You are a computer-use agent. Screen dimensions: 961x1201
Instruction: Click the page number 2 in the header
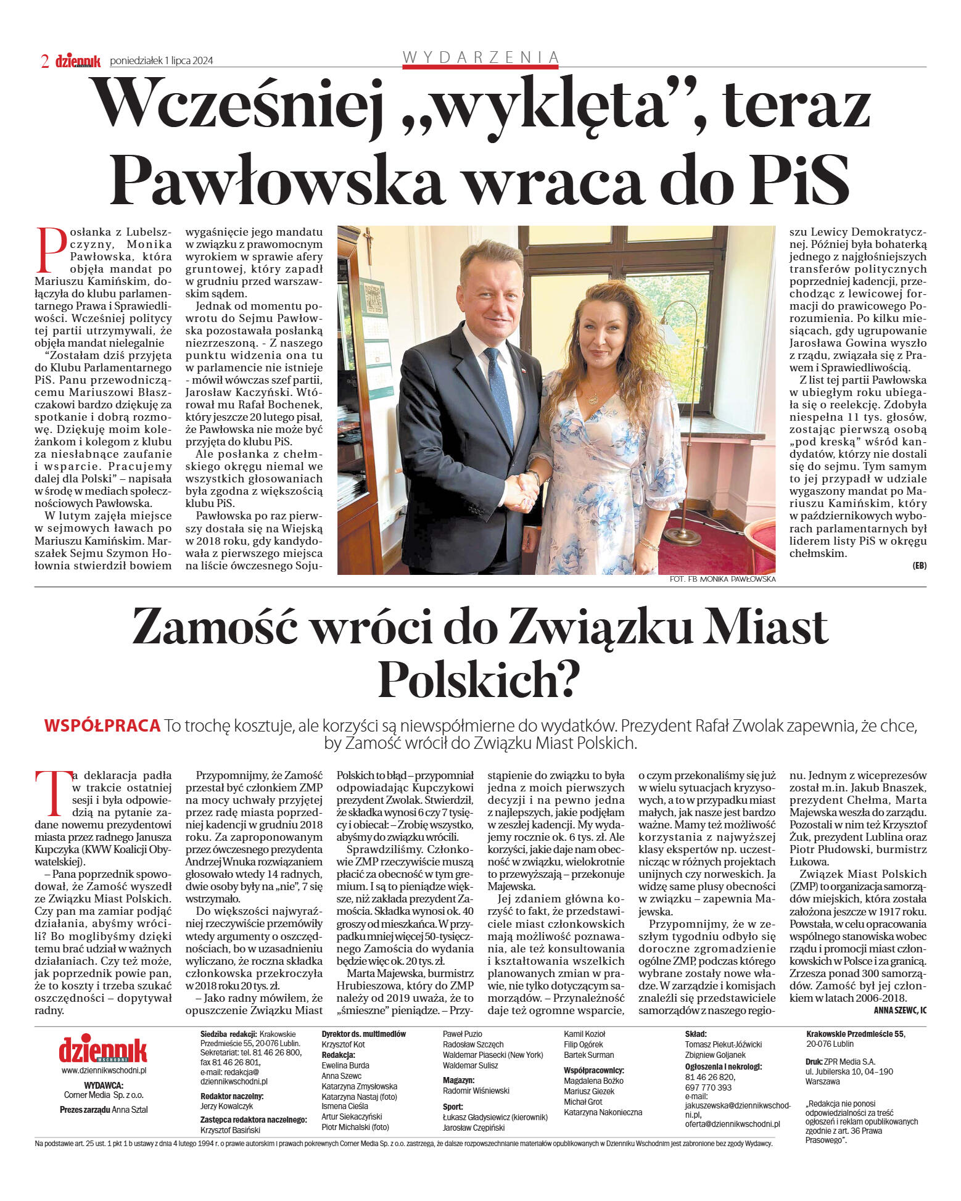coord(44,60)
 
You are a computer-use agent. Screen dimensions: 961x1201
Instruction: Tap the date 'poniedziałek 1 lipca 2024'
coord(161,60)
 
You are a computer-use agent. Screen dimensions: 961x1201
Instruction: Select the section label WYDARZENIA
coord(480,57)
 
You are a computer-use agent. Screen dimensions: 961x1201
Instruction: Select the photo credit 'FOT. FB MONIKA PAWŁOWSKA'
coord(722,579)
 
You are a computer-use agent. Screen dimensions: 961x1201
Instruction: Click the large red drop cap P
coord(51,250)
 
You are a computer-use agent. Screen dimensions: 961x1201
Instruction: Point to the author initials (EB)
coord(919,566)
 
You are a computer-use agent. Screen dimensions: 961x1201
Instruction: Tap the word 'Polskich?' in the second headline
coord(479,679)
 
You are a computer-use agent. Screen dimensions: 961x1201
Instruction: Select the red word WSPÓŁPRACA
coord(102,726)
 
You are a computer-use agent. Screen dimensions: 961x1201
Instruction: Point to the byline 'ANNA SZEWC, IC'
coord(900,1010)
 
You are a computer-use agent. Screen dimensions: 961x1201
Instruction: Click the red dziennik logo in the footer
coord(103,1049)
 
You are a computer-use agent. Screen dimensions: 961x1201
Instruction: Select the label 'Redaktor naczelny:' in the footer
coord(232,1096)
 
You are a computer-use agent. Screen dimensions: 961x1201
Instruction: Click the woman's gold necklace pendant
coord(593,399)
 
